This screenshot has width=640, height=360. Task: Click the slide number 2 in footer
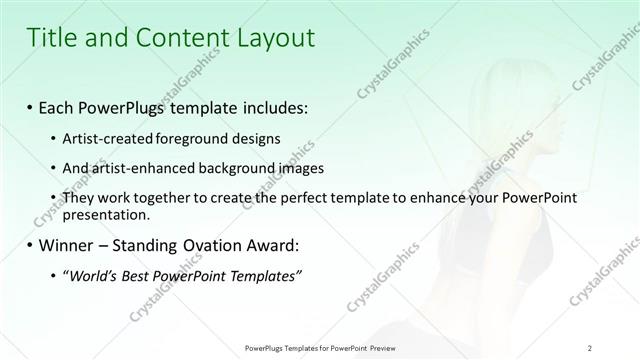(590, 348)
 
